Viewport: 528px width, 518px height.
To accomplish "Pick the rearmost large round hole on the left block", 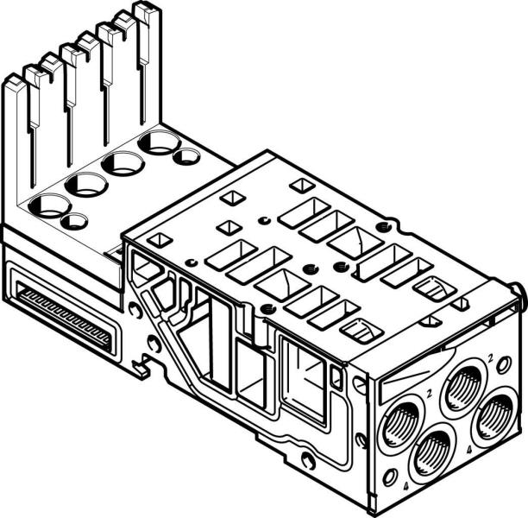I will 159,142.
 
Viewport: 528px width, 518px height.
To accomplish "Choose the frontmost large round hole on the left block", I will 49,205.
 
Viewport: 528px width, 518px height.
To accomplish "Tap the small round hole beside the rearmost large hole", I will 185,157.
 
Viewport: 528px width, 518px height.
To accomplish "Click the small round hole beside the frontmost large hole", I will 75,221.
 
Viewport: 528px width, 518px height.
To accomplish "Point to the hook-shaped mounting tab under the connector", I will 139,367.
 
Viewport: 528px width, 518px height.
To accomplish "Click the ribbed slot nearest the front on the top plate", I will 363,329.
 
